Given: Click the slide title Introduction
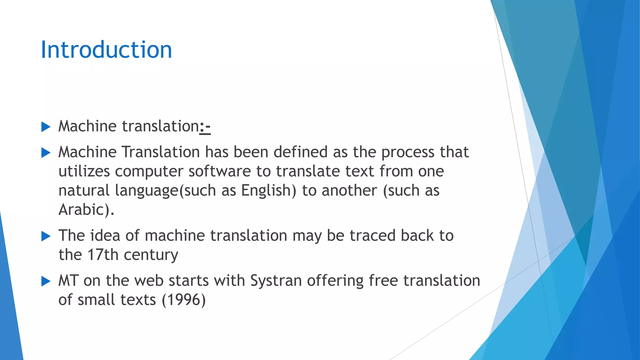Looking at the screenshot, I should (x=106, y=50).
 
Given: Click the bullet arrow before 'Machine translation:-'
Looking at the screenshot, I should (x=46, y=127).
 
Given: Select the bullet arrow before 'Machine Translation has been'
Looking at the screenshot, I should (x=46, y=153).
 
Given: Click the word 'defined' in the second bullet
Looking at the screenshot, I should (x=300, y=152).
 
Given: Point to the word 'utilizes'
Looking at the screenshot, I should (x=84, y=171).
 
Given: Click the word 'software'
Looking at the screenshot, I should (x=219, y=171).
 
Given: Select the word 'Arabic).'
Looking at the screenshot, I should (x=87, y=210).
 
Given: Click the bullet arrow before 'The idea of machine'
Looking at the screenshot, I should (x=46, y=236).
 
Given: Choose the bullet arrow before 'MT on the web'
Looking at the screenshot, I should (x=46, y=282).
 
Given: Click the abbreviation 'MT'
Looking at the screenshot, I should (x=68, y=281).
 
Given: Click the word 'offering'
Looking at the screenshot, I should (x=335, y=281).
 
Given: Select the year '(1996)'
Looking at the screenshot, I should (x=184, y=300).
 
